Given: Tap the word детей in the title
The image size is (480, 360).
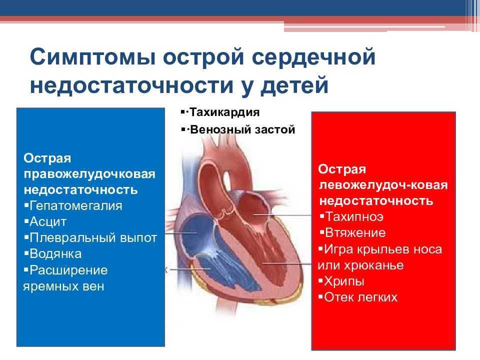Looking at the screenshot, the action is coord(294,85).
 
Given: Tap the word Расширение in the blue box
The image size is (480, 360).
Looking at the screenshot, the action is coord(68,270).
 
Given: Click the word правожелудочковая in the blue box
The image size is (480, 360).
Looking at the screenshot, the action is coord(89,174).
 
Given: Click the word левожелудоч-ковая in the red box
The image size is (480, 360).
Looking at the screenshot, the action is coord(383,185).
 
